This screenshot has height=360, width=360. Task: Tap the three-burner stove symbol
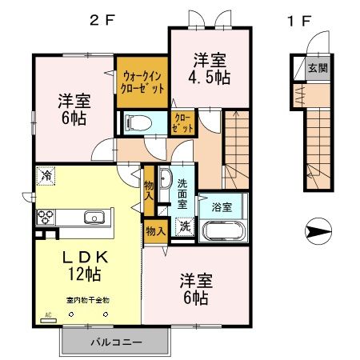(x=44, y=216)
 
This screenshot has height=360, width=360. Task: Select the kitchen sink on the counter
(x=94, y=216)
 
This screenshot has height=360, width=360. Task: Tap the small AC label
(x=47, y=314)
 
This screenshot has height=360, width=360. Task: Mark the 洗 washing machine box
(x=185, y=226)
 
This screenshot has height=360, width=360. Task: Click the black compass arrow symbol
(x=318, y=233)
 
